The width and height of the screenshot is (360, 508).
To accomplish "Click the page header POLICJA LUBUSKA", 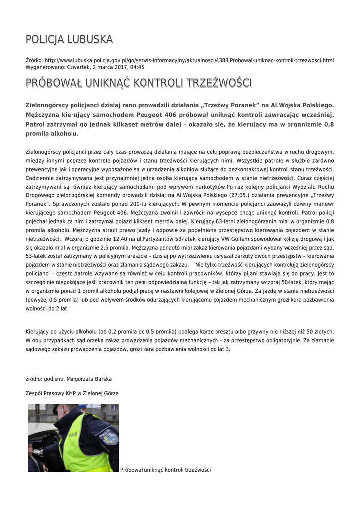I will (x=70, y=39).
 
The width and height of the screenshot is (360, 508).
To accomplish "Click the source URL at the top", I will (x=189, y=60).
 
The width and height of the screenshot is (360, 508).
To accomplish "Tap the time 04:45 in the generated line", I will (x=137, y=67).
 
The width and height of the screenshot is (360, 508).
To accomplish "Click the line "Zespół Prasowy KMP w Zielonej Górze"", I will (x=72, y=393).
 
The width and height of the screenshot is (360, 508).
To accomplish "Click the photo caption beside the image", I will (x=165, y=470).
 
